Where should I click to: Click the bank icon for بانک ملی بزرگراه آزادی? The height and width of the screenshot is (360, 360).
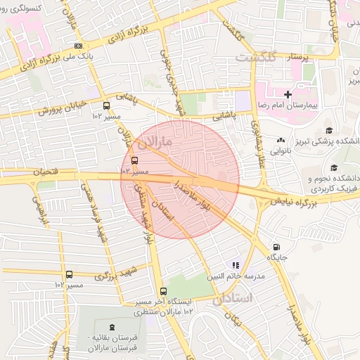click(x=78, y=46)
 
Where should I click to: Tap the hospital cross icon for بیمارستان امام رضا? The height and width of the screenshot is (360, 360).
click(x=288, y=94)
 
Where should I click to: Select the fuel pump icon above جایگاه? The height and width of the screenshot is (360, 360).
click(x=276, y=247)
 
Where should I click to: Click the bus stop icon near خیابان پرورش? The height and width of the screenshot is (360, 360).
click(x=107, y=106)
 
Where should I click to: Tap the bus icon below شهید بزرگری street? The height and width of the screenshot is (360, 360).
click(x=69, y=275)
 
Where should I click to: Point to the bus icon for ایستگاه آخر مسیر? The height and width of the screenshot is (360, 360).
click(x=163, y=291)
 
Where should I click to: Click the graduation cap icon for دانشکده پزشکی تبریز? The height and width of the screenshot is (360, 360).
click(x=328, y=130)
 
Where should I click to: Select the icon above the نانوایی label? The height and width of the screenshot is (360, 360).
click(x=282, y=140)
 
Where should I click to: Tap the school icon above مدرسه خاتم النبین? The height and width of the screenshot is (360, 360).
click(x=236, y=265)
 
